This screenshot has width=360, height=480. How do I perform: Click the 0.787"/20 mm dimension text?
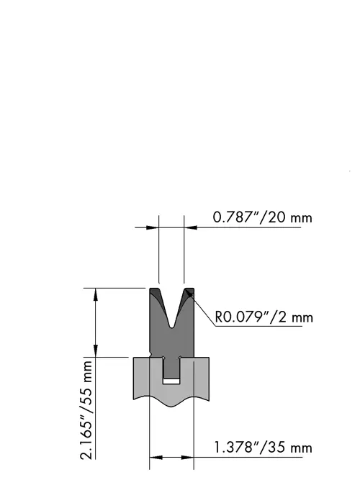pos(262,217)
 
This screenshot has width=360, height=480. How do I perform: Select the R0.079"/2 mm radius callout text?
pos(264,317)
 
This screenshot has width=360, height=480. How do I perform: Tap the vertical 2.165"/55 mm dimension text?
pos(86,410)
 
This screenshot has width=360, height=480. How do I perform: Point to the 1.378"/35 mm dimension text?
pos(263,448)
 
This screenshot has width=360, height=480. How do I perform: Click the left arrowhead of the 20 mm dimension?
pos(152,227)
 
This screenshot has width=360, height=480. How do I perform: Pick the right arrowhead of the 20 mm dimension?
pos(190,227)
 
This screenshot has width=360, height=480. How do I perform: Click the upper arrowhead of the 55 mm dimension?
pos(96,294)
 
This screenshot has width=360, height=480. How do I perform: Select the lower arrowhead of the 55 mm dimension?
pos(96,350)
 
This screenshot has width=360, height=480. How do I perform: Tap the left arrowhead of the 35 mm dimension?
pos(156,458)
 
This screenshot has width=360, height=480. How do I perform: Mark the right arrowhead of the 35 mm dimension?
pos(187,458)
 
